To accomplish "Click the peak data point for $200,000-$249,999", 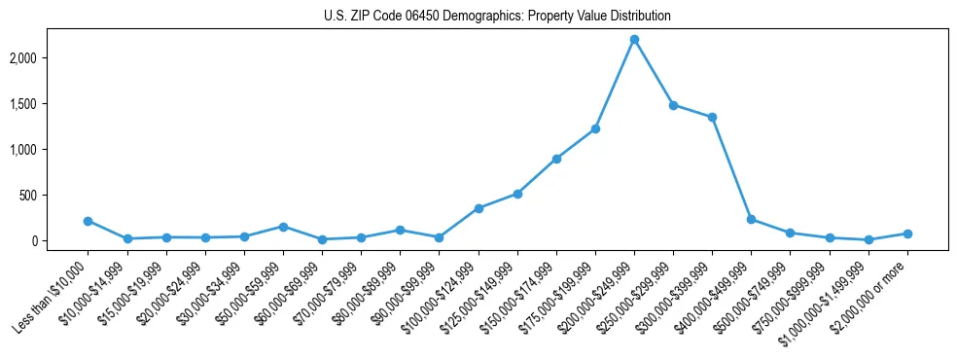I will pyautogui.click(x=634, y=40).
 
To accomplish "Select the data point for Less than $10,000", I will pyautogui.click(x=89, y=221).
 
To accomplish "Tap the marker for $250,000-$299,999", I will pyautogui.click(x=673, y=105).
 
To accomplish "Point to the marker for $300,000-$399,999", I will pyautogui.click(x=712, y=118).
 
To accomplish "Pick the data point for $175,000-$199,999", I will pyautogui.click(x=595, y=128).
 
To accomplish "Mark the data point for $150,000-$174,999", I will pyautogui.click(x=556, y=159).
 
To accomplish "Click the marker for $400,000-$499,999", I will pyautogui.click(x=751, y=220).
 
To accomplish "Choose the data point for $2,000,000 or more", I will pyautogui.click(x=906, y=234).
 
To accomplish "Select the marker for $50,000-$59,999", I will pyautogui.click(x=283, y=227).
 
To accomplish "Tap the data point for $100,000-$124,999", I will pyautogui.click(x=478, y=208).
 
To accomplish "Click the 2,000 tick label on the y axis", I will pyautogui.click(x=50, y=58).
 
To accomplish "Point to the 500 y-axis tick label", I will pyautogui.click(x=54, y=196).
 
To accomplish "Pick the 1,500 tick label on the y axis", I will pyautogui.click(x=50, y=104).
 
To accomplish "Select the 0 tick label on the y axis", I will pyautogui.click(x=60, y=241).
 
